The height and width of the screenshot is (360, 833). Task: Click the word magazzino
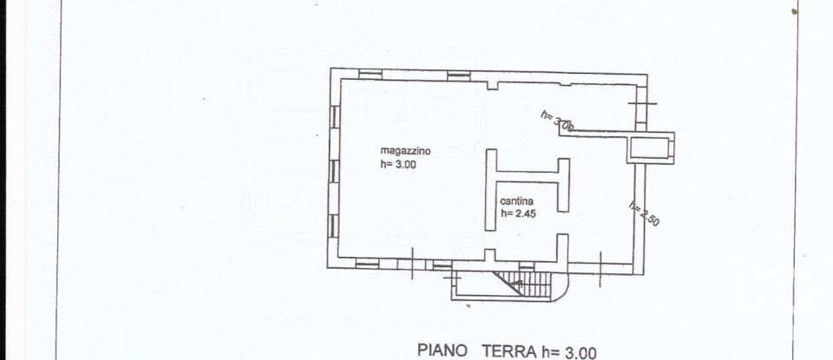tap(405, 150)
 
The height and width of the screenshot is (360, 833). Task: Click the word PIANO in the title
tap(443, 350)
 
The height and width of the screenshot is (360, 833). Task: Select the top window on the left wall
tap(333, 118)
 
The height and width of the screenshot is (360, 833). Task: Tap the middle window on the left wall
tap(333, 172)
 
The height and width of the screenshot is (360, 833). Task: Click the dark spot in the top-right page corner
tap(794, 10)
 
